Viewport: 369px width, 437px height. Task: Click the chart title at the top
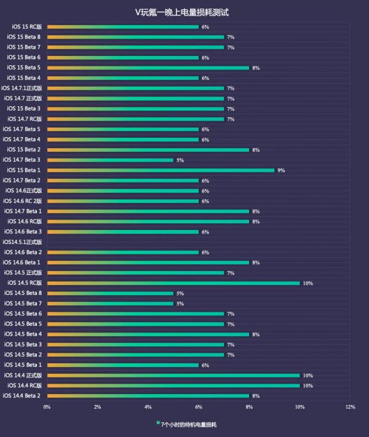[x=185, y=12]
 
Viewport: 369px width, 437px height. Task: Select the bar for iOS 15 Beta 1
[x=161, y=170]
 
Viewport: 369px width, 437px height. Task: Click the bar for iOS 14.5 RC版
[x=173, y=283]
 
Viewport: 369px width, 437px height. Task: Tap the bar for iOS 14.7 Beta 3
[x=110, y=160]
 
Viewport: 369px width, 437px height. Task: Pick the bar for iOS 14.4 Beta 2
[x=148, y=396]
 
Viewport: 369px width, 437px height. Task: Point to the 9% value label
[x=281, y=170]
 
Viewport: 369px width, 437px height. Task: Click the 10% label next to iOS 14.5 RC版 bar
[x=308, y=283]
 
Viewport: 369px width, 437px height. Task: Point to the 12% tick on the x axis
[x=351, y=407]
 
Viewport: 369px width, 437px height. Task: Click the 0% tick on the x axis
[x=47, y=407]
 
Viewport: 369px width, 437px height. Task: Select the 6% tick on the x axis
[x=199, y=407]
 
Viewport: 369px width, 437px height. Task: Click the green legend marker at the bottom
[x=158, y=423]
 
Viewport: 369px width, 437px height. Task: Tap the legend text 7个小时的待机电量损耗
[x=189, y=424]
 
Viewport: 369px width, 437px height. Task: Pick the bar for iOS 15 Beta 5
[x=148, y=68]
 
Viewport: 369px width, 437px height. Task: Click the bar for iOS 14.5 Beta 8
[x=110, y=293]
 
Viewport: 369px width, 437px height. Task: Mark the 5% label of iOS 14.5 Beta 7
[x=180, y=304]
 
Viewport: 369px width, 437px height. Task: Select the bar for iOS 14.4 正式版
[x=173, y=375]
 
